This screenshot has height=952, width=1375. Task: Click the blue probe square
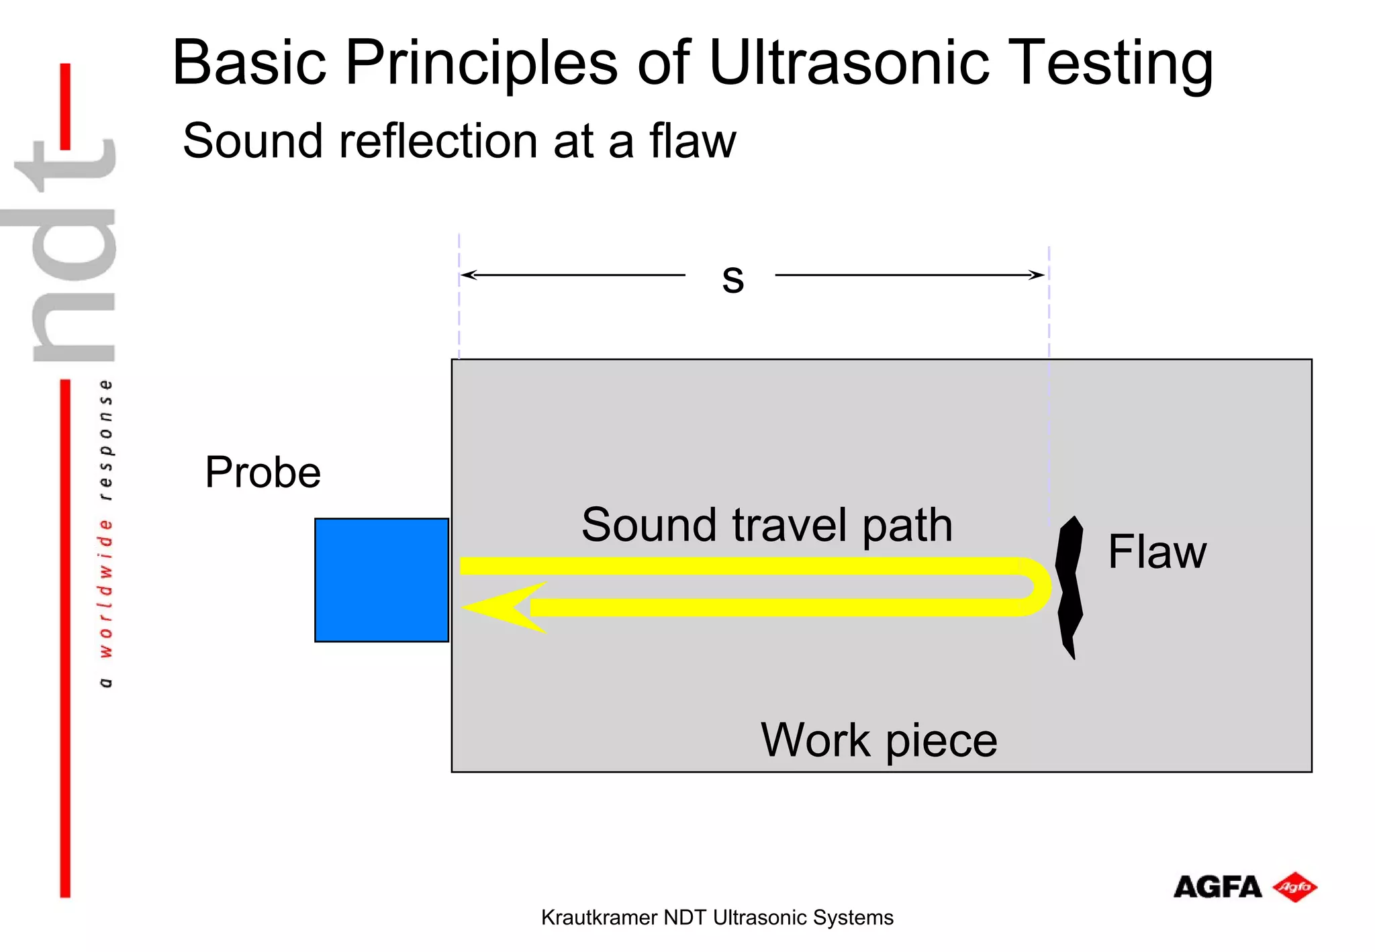point(381,579)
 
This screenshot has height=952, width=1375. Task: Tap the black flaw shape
point(1069,587)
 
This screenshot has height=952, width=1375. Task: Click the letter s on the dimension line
point(732,277)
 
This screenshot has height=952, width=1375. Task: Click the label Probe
point(263,473)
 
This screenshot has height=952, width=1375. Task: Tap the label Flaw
point(1156,552)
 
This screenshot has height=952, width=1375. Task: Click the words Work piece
point(878,741)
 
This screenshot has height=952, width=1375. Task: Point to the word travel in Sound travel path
point(790,525)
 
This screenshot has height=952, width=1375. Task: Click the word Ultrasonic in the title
point(849,62)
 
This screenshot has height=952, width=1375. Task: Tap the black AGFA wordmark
point(1217,888)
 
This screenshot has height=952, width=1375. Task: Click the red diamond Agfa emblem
point(1294,887)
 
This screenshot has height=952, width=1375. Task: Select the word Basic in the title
point(249,62)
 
